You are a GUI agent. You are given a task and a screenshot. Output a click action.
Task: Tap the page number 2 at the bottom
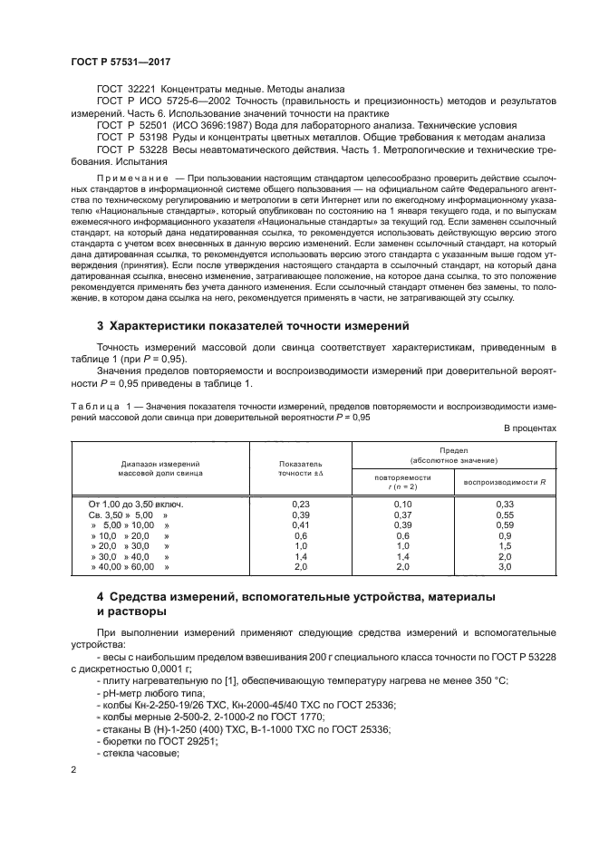(x=74, y=770)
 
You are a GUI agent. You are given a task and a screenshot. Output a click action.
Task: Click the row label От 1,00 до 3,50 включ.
(x=135, y=504)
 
